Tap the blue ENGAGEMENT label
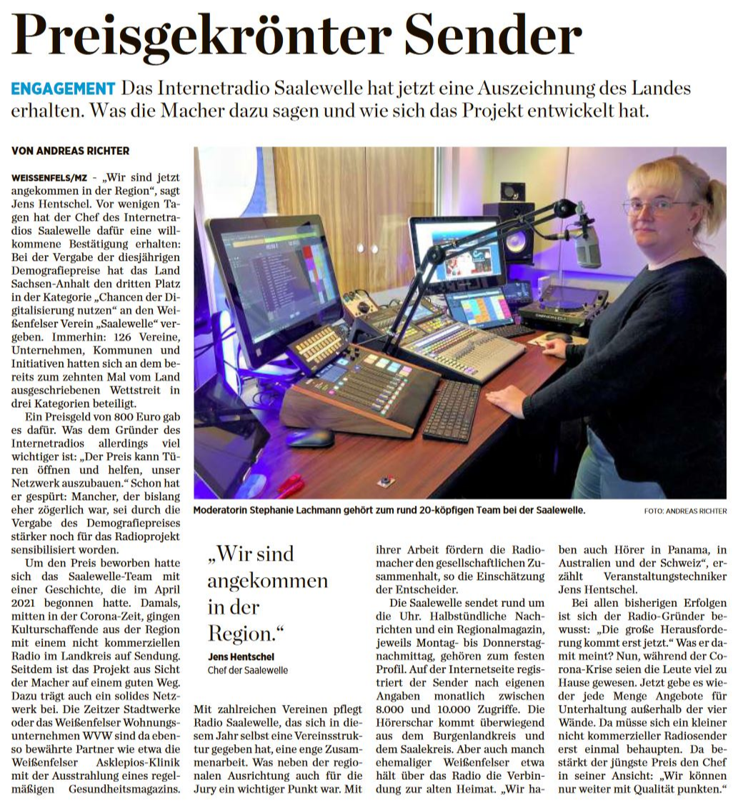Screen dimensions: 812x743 [63, 89]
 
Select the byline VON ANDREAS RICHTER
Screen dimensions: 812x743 [69, 151]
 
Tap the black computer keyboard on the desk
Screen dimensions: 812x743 [452, 410]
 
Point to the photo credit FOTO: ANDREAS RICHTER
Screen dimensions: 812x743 [685, 511]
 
